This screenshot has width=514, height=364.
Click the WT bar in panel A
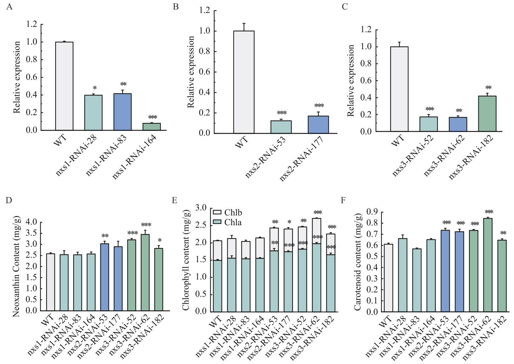click(64, 86)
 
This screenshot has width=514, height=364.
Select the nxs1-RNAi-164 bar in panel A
click(152, 126)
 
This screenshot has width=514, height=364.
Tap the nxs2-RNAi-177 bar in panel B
click(318, 125)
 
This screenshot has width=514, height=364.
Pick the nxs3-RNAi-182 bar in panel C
click(487, 114)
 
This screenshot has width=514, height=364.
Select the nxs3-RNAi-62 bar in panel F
click(488, 265)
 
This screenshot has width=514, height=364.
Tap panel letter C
click(345, 6)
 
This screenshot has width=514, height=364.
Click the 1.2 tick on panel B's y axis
click(205, 11)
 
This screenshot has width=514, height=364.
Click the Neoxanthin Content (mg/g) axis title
click(17, 267)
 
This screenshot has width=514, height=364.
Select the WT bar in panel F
click(388, 278)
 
